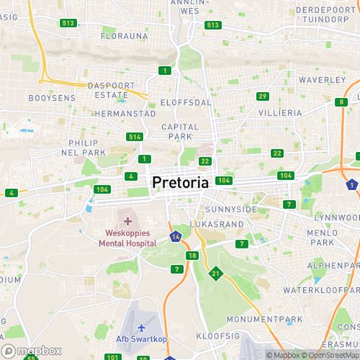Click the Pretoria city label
click(x=181, y=183)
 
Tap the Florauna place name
click(x=124, y=35)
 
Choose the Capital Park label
click(x=179, y=132)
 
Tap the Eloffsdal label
click(x=186, y=102)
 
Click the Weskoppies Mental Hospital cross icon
click(x=127, y=221)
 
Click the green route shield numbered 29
click(x=263, y=96)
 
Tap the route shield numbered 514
click(x=134, y=137)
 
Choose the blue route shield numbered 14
click(x=176, y=237)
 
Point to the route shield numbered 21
click(x=215, y=273)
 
